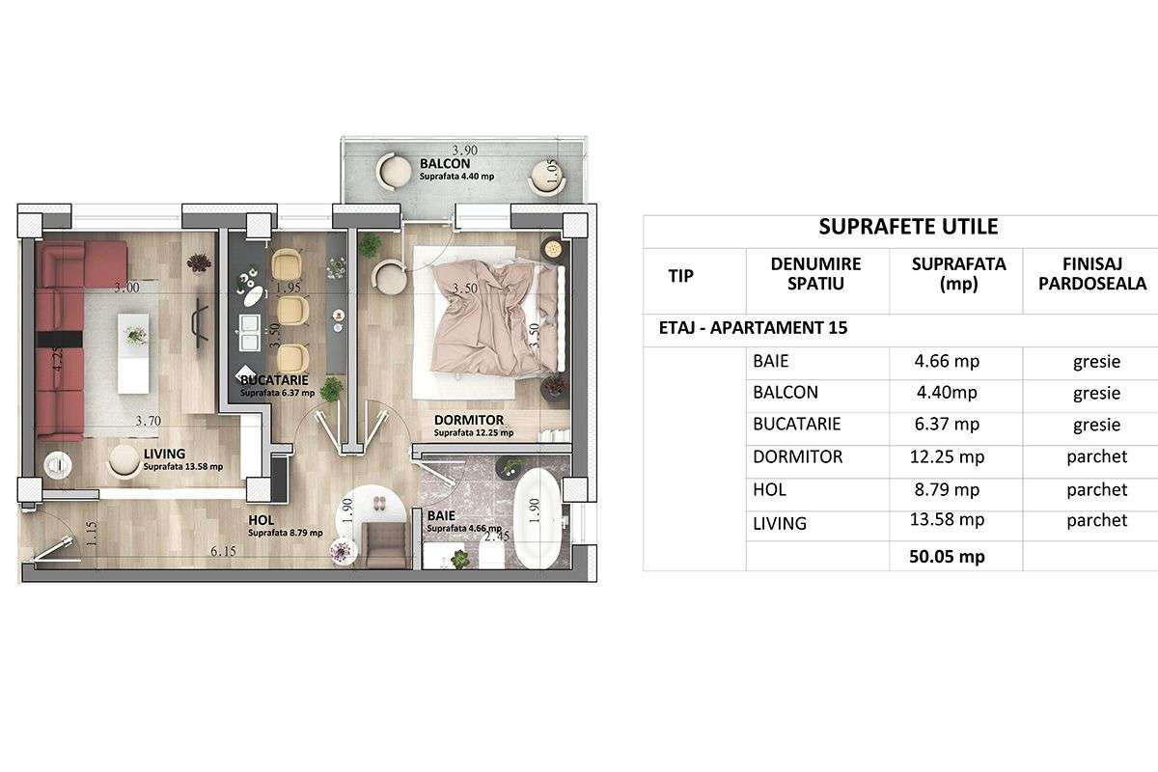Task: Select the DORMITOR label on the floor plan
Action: coord(469,420)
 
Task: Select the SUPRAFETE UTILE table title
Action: coord(907,227)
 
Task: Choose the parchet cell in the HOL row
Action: coord(1096,489)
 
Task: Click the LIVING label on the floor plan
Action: coord(164,454)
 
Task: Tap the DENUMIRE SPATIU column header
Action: coord(815,273)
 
